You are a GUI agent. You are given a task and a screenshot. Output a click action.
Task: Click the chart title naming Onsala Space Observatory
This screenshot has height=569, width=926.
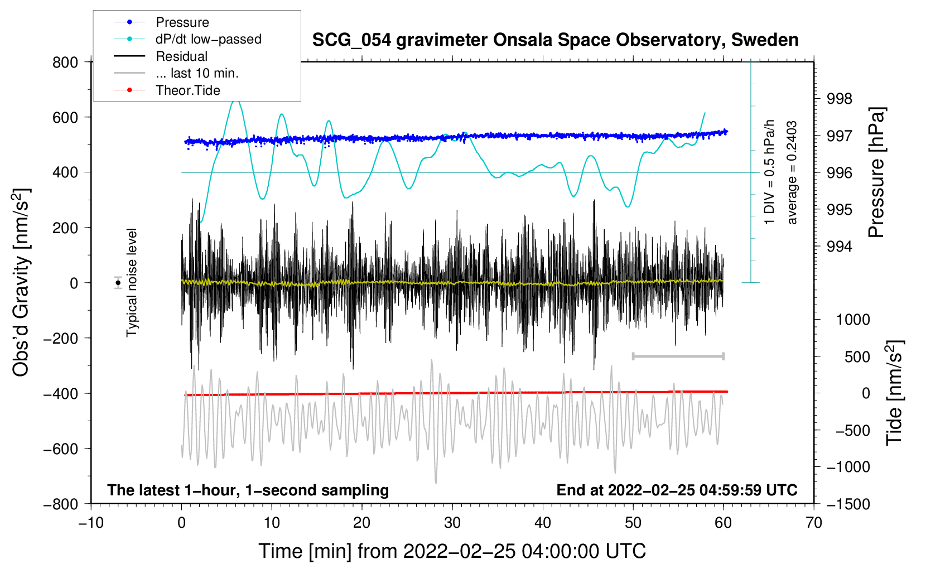click(x=555, y=40)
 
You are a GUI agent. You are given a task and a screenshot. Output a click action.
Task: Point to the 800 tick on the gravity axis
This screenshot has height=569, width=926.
click(x=65, y=62)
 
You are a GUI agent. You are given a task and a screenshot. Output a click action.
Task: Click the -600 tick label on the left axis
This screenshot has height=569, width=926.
click(x=61, y=449)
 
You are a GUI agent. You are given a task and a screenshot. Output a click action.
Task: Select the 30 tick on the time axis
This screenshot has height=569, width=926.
click(x=452, y=523)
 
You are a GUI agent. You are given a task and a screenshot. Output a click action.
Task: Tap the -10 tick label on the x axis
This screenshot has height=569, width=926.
click(x=91, y=523)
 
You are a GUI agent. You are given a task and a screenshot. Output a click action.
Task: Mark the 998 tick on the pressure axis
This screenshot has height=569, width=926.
click(x=840, y=99)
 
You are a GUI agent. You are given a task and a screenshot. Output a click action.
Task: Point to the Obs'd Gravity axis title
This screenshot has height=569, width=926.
click(x=21, y=283)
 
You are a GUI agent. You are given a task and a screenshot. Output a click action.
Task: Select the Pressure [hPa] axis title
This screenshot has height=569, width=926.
click(x=876, y=172)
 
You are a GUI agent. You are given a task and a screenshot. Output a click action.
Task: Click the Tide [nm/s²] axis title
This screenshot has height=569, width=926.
click(x=895, y=393)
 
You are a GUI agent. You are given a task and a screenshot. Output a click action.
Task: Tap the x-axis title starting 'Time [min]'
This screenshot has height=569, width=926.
click(x=452, y=551)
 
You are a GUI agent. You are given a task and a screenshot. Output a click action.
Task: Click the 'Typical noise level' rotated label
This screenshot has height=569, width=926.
click(x=131, y=283)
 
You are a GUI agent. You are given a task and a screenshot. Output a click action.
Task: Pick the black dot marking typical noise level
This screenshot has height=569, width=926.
click(x=118, y=283)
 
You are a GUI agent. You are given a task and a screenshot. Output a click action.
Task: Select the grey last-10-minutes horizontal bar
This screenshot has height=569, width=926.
click(x=678, y=356)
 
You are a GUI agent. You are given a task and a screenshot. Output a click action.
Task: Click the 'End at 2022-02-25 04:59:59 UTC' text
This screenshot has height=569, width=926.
click(x=677, y=490)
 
